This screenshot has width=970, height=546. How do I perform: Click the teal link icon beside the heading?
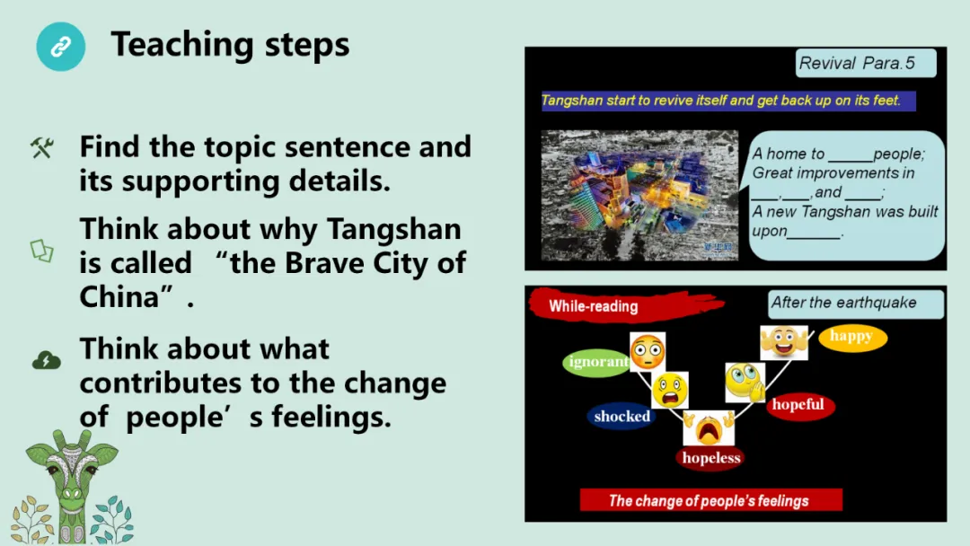[61, 47]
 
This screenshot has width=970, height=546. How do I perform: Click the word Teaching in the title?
[182, 45]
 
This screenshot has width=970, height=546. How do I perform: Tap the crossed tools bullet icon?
[42, 148]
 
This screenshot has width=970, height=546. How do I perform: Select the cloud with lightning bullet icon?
[47, 360]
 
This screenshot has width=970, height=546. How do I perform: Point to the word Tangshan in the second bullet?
[393, 230]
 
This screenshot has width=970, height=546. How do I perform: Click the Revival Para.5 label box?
[866, 63]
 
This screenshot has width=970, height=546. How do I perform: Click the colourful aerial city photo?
[639, 195]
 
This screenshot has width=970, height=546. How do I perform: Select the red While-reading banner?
[626, 304]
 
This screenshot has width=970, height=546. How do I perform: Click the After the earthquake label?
[856, 304]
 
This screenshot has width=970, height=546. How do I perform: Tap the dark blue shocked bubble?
[622, 417]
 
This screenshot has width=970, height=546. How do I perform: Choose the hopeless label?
[711, 458]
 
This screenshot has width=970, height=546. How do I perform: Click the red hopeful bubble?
[798, 405]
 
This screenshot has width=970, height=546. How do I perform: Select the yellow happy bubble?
[852, 337]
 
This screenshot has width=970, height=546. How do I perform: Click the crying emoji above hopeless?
[709, 427]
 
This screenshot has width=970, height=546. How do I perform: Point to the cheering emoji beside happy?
[784, 342]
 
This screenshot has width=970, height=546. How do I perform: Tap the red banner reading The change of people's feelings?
[710, 500]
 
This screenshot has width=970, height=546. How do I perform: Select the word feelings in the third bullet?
[331, 417]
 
